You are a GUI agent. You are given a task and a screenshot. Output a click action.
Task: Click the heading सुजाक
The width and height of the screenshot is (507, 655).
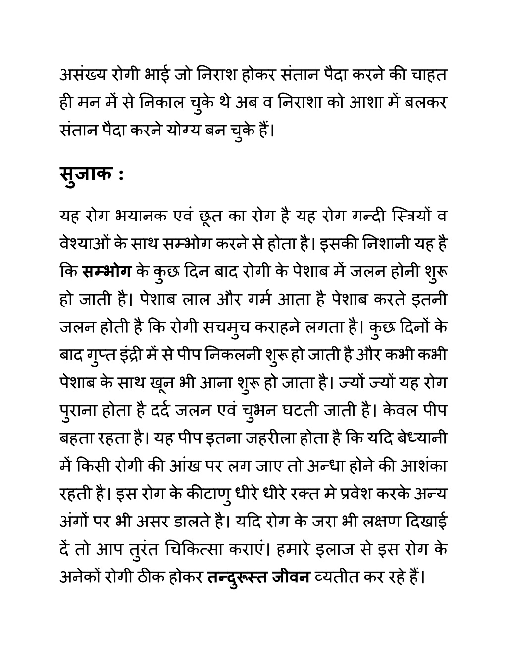84,175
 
